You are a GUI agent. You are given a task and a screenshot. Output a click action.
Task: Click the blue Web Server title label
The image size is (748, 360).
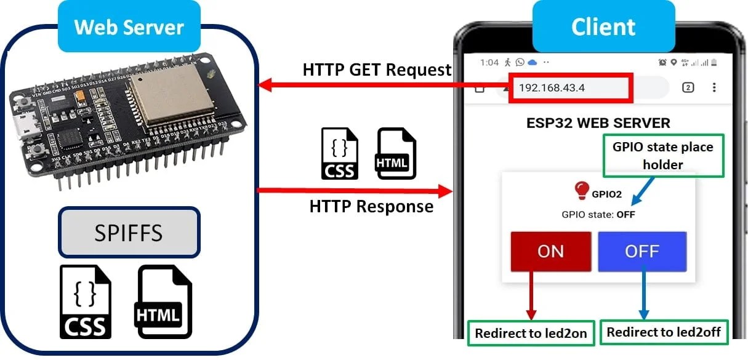click(x=129, y=27)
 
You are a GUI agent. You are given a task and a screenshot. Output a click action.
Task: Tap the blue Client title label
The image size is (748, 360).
click(x=603, y=27)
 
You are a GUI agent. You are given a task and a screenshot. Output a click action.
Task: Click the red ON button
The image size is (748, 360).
click(x=550, y=252)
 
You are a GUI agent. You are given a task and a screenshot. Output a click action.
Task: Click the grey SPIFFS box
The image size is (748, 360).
click(x=129, y=233)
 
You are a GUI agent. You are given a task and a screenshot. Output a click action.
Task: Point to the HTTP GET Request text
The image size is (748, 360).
click(x=377, y=70)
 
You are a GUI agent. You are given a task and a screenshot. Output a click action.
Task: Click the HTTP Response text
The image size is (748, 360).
click(x=371, y=206)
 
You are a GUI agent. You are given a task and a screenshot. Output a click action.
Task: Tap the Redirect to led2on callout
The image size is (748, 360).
click(x=531, y=334)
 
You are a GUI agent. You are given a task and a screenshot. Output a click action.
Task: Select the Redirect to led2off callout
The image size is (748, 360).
click(x=664, y=332)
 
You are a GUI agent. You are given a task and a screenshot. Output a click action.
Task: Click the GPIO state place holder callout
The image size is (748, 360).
click(x=662, y=156)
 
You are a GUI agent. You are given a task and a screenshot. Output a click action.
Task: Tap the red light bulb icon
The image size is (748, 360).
click(x=581, y=191)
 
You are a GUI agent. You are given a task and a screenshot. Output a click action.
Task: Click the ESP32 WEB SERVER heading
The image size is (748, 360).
click(x=598, y=122)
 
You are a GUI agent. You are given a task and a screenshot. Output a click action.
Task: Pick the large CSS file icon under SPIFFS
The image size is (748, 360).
click(x=86, y=302)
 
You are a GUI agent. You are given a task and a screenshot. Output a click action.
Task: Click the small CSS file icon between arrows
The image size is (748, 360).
click(x=339, y=154)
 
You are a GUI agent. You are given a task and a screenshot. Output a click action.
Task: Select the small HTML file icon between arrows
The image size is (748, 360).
click(x=396, y=154)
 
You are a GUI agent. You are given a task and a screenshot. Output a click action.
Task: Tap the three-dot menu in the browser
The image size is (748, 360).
click(x=714, y=87)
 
